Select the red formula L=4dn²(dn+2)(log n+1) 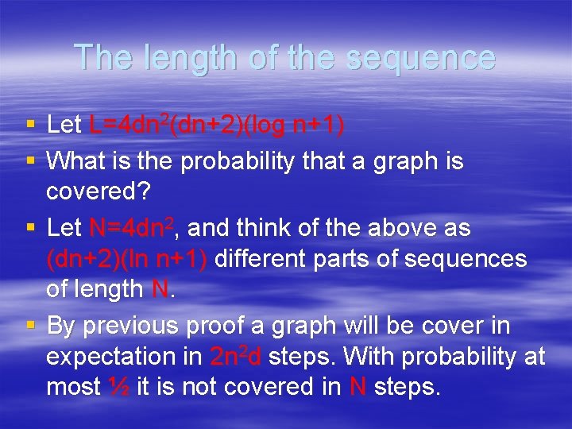point(217,125)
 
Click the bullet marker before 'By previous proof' point(29,326)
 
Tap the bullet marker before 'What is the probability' point(29,160)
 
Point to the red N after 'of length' point(160,289)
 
